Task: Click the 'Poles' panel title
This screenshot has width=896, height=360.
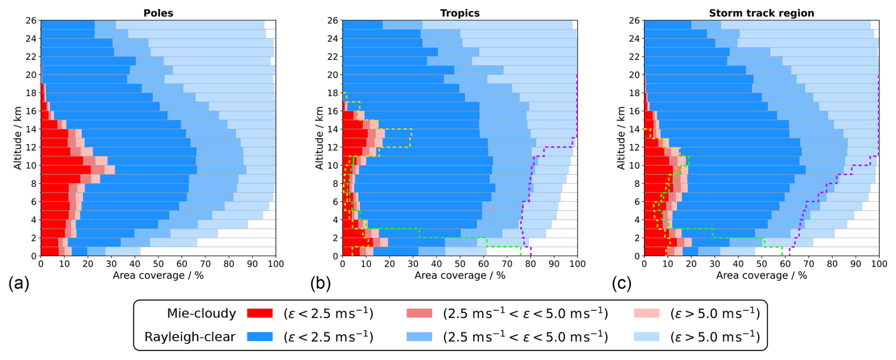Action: [x=158, y=13]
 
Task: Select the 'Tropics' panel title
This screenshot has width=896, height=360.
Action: [x=459, y=13]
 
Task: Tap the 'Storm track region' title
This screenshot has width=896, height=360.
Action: [x=761, y=13]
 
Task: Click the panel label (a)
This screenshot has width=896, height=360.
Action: [x=18, y=283]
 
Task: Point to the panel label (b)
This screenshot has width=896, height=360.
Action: [x=320, y=283]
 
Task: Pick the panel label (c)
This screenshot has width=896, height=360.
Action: [x=621, y=283]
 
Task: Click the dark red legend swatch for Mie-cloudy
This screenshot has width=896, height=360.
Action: [x=260, y=313]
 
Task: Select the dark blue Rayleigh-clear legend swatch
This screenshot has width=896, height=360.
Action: [x=260, y=337]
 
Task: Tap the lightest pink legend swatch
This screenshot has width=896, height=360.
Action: [x=646, y=313]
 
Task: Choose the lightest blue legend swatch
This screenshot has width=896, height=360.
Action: [x=646, y=337]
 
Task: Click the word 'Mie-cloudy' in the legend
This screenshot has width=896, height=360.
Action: [x=201, y=313]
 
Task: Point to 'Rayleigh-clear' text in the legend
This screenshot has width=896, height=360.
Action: [x=190, y=337]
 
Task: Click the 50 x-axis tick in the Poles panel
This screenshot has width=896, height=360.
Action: [x=158, y=264]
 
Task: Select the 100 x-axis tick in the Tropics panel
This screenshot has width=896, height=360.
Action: [x=577, y=264]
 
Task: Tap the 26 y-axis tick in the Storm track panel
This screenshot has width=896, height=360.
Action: [x=634, y=20]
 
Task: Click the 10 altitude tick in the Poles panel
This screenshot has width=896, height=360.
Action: [x=31, y=166]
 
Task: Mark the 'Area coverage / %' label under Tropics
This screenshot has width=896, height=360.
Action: [x=459, y=275]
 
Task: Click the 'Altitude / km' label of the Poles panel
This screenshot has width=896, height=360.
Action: [x=18, y=138]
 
